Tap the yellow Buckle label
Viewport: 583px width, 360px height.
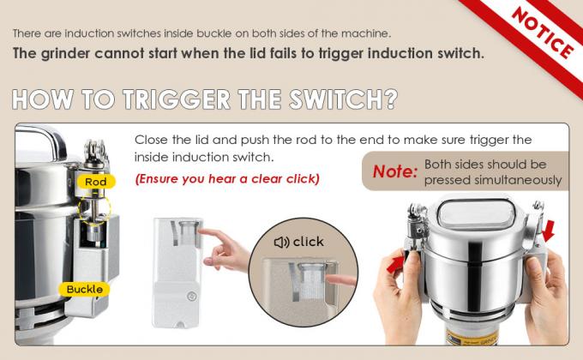pos(86,289)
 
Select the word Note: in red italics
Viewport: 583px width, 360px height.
pos(395,172)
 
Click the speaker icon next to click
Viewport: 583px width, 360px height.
pos(280,242)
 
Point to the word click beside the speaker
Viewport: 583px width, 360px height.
pos(308,242)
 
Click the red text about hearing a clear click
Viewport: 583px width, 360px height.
pos(226,179)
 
